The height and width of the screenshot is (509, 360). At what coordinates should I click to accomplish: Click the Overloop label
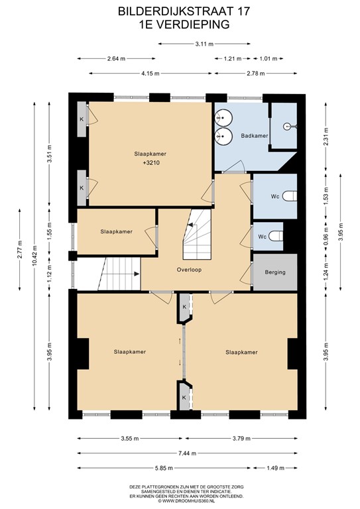(189, 270)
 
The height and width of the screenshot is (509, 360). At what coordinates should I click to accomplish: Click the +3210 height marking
(149, 162)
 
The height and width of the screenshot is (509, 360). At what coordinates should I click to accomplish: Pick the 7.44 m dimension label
(185, 453)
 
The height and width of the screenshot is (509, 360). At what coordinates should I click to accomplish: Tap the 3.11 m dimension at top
(205, 44)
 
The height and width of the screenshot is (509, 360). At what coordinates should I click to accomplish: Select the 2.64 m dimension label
(116, 58)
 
